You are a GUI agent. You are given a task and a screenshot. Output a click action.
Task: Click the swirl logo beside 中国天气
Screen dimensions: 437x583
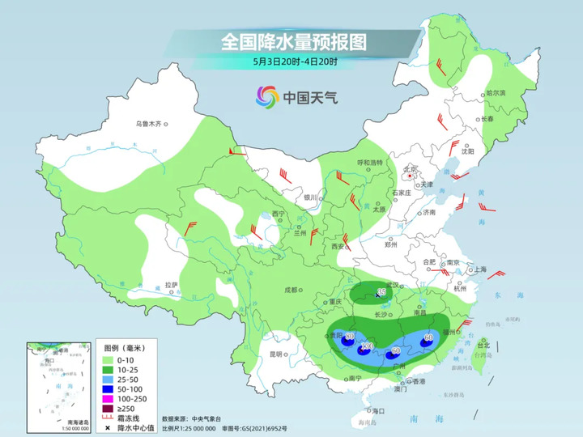click(x=267, y=97)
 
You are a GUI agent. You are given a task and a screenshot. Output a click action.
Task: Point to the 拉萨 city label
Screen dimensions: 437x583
click(x=171, y=285)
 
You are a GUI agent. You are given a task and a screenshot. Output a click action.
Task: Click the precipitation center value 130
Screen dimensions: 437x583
click(x=366, y=347)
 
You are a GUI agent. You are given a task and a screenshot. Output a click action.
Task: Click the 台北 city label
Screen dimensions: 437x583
click(x=483, y=345)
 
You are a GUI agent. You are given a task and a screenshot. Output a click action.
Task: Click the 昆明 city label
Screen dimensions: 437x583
click(x=276, y=354)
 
